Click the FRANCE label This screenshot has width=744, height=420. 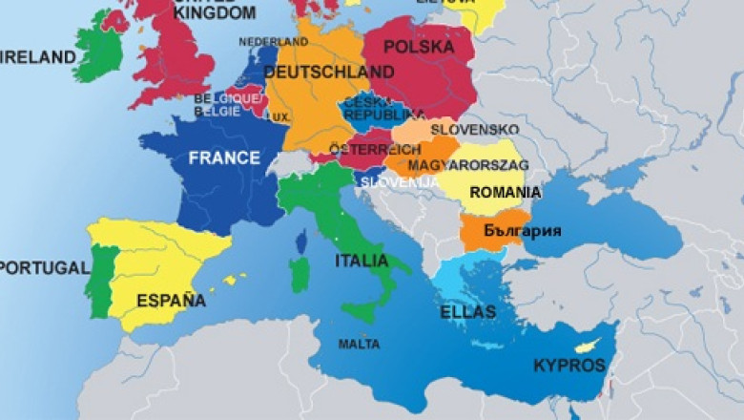pos(224,158)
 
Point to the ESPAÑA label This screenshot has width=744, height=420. pos(171,301)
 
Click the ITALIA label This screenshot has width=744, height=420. pos(362,261)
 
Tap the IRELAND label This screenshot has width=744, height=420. pos(38,57)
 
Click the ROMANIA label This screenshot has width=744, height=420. pos(505,192)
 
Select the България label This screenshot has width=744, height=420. pos(522,231)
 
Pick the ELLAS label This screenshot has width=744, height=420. pos(467,312)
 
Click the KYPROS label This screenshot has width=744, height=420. pos(569,366)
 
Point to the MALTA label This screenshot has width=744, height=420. pos(359,344)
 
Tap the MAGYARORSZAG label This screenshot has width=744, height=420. pos(468,165)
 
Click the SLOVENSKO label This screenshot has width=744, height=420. pos(475,129)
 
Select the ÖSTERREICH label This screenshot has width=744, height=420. pos(375,150)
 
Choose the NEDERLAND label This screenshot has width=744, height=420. pos(273,42)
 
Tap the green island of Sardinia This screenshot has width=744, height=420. pos(300,275)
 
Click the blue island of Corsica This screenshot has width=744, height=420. pos(302,241)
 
